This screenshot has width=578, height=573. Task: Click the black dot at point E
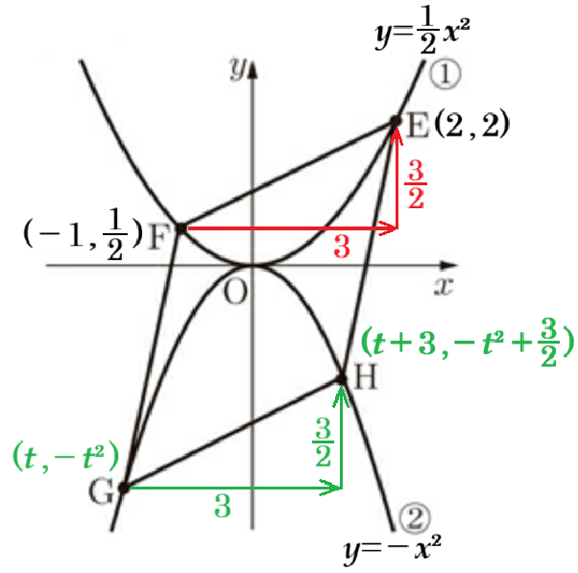pos(396,121)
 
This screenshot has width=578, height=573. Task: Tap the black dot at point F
pos(181,228)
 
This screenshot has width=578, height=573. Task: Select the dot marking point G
pos(124,489)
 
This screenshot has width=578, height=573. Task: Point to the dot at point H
pos(342,379)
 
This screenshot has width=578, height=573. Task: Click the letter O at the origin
pos(235,292)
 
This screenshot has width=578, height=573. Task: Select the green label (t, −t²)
pos(66,456)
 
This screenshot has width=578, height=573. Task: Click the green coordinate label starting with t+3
pos(468,343)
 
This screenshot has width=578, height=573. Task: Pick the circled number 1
pos(446,74)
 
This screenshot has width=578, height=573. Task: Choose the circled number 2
pos(415,518)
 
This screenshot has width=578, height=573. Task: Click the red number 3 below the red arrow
pos(342,247)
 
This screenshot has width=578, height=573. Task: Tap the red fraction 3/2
pos(416,184)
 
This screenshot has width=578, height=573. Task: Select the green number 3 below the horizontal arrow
pos(223,506)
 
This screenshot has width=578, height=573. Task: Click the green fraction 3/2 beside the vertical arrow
pos(324,442)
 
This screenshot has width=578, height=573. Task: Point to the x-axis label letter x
pos(444,286)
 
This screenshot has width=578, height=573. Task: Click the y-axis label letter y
pos(237,68)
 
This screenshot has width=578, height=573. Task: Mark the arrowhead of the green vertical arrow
pos(342,395)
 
